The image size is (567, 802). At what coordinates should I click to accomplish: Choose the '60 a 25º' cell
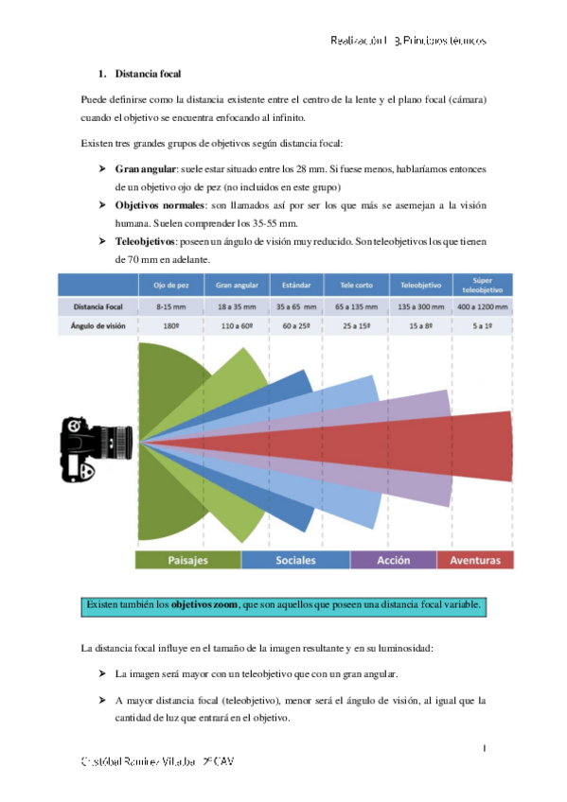tap(292, 326)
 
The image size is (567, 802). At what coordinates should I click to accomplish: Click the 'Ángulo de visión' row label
tap(97, 326)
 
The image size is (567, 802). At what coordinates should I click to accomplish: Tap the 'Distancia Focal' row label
tap(97, 307)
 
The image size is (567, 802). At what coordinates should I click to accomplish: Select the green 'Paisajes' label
tap(187, 560)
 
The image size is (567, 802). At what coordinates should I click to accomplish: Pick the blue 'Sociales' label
tap(295, 560)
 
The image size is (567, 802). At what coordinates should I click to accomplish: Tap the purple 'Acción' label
tap(393, 560)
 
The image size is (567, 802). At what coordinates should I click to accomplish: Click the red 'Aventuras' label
tap(475, 560)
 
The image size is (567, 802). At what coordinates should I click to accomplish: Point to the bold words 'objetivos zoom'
tap(204, 603)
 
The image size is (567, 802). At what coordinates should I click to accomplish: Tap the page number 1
tap(484, 749)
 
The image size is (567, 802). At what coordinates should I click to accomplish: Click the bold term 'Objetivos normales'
tap(161, 205)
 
